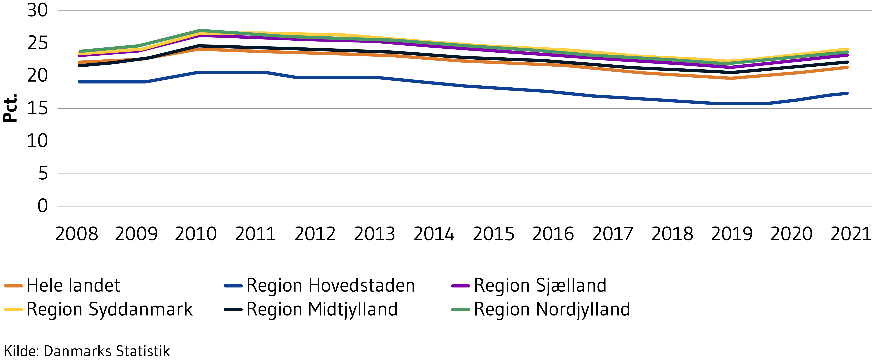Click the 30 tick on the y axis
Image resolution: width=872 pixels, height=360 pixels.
(38, 10)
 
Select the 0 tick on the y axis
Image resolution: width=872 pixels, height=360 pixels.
(43, 206)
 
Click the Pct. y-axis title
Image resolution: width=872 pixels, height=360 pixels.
(10, 108)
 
